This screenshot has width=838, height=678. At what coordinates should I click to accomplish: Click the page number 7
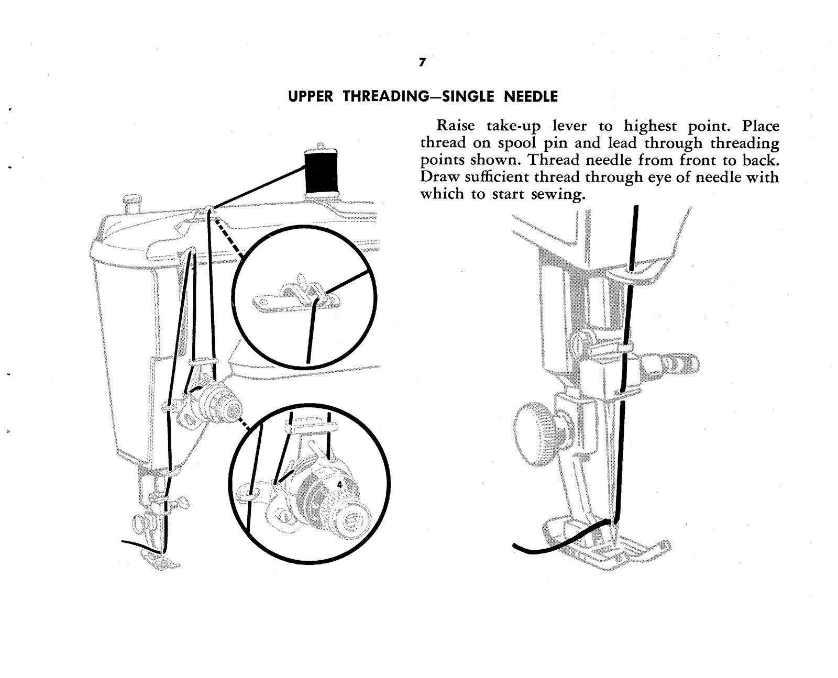click(422, 62)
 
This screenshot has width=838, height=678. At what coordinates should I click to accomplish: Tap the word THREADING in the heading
click(390, 97)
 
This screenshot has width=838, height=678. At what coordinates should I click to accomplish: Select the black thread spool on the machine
click(319, 172)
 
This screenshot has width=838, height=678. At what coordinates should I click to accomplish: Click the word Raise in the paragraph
click(456, 126)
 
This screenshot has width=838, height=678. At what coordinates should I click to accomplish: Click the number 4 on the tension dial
click(339, 485)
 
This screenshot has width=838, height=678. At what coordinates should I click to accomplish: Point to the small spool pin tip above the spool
click(319, 145)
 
